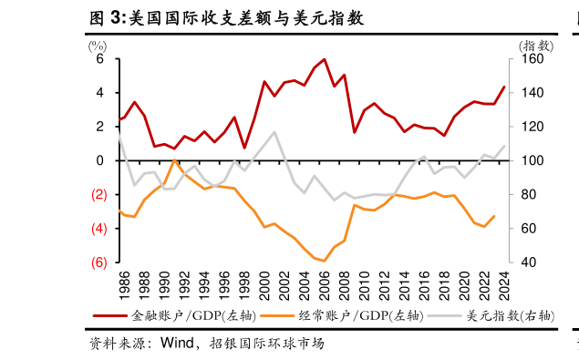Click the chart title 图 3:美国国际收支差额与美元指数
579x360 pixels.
(225, 17)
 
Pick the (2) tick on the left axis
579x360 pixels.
(98, 195)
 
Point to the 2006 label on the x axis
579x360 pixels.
(325, 285)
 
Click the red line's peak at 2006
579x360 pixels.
(325, 59)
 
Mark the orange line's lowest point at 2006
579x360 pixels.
(325, 261)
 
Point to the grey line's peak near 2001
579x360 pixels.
(274, 132)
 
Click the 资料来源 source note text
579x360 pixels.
(119, 345)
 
